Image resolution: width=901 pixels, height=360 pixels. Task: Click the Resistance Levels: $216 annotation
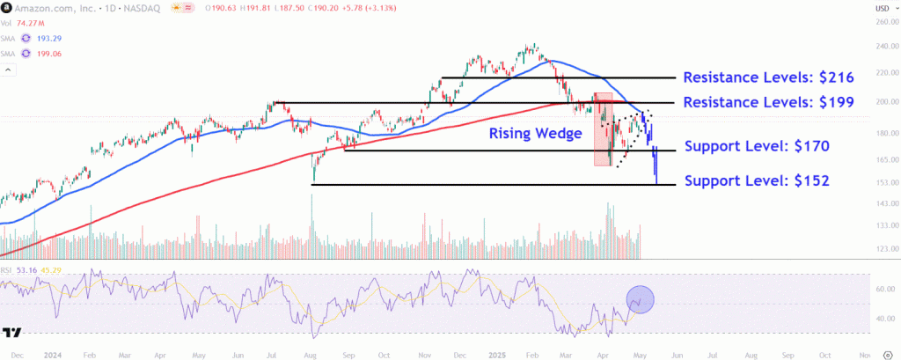click(x=768, y=77)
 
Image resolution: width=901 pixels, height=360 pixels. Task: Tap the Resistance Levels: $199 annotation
click(x=768, y=102)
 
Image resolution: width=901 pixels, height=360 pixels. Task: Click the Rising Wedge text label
click(x=536, y=134)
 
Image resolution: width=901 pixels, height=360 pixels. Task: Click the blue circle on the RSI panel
click(x=641, y=300)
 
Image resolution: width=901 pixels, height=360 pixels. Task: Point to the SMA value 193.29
click(x=50, y=38)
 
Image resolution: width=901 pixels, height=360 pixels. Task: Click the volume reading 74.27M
click(x=31, y=24)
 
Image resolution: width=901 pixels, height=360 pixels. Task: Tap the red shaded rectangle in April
click(x=603, y=129)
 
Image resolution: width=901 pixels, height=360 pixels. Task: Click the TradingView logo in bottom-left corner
click(x=12, y=333)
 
